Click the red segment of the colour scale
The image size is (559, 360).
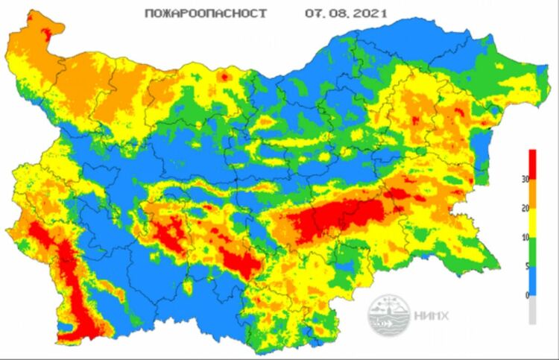pos(532,165)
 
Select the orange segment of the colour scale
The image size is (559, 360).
pos(532,195)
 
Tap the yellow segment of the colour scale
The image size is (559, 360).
pos(532,224)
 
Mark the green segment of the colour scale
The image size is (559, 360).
pos(532,253)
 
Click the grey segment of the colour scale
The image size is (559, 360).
pos(532,310)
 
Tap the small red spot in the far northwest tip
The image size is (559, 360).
pos(51,31)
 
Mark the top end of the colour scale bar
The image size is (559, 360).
pos(532,151)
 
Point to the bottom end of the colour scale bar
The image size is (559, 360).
pos(532,323)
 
